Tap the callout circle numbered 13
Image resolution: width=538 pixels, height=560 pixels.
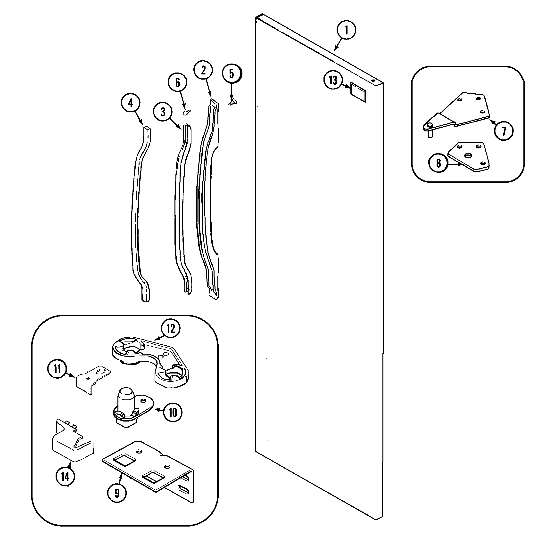[333, 80]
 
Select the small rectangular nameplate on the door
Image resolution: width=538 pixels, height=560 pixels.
[358, 92]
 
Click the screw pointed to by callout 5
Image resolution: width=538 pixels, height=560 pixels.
[232, 101]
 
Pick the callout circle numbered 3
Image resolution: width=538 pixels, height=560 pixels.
[163, 112]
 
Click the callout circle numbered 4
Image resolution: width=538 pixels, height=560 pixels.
[131, 103]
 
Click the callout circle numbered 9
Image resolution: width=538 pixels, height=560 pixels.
[117, 493]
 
